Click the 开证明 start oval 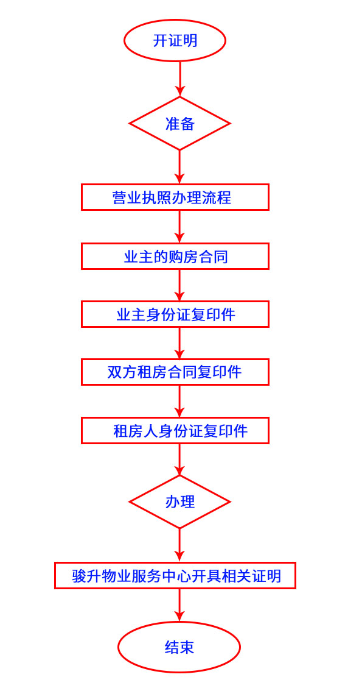[175, 40]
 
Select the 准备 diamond [179, 123]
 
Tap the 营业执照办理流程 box [175, 197]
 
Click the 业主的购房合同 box [175, 256]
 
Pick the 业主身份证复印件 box [175, 314]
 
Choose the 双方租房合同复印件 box [175, 372]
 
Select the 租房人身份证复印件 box [175, 431]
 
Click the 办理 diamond [179, 501]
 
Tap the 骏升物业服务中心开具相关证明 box [175, 576]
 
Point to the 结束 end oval [179, 647]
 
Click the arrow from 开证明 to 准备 [179, 79]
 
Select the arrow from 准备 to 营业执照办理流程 [179, 167]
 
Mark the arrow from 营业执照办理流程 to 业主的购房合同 [179, 227]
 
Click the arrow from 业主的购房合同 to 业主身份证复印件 [179, 285]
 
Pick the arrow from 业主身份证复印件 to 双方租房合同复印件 [179, 343]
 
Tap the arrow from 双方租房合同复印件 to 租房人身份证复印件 [179, 401]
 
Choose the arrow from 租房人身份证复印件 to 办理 [179, 459]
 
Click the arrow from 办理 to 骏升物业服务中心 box [179, 545]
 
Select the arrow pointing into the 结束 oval [179, 606]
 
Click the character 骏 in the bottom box [79, 576]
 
